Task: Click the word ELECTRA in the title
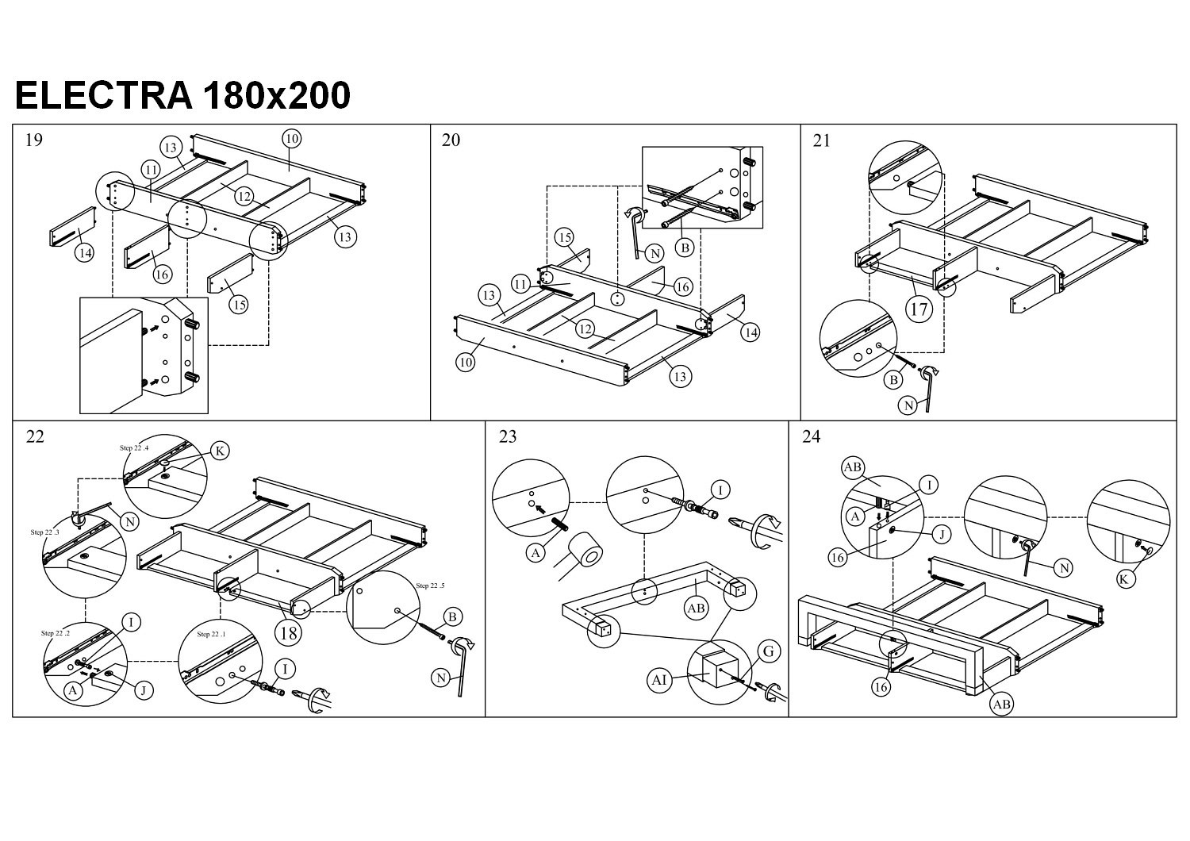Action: (x=104, y=96)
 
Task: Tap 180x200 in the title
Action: (x=277, y=96)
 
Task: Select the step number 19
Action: (x=34, y=140)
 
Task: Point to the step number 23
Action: (x=508, y=436)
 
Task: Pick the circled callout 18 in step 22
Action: (x=288, y=632)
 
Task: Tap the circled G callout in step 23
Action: (x=768, y=652)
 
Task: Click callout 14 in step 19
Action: (x=85, y=253)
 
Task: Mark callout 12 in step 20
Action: (x=585, y=328)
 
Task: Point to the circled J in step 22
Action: (x=144, y=690)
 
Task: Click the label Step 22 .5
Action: (x=431, y=586)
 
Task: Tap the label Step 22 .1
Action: (x=211, y=634)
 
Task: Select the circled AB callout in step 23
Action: (x=696, y=609)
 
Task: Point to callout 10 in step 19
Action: (x=291, y=139)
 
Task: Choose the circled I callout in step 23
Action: (x=720, y=490)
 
